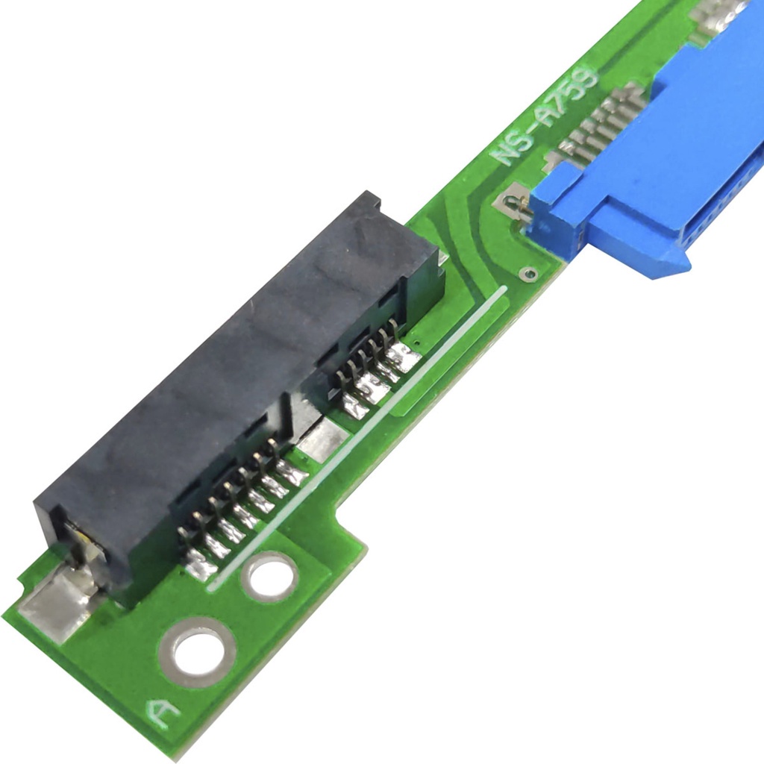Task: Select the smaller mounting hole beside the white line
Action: [x=269, y=577]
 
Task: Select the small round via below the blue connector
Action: [x=528, y=274]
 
